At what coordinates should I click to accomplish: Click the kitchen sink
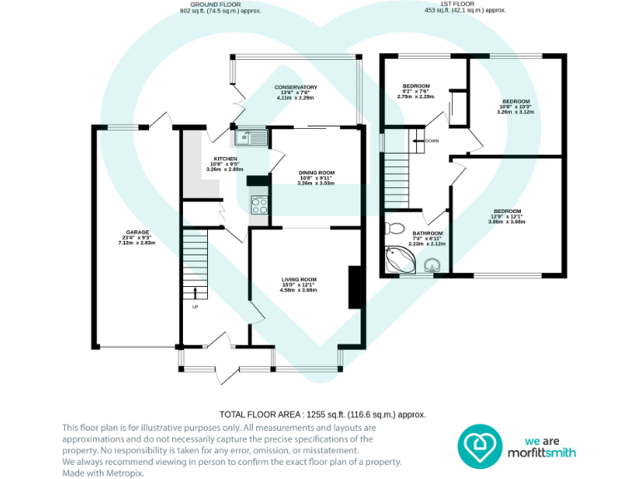pyautogui.click(x=250, y=137)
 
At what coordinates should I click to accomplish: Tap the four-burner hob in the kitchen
pyautogui.click(x=259, y=202)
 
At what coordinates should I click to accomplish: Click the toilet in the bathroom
pyautogui.click(x=396, y=229)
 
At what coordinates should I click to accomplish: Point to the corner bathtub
pyautogui.click(x=399, y=261)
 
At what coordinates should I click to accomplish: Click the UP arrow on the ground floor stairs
pyautogui.click(x=196, y=292)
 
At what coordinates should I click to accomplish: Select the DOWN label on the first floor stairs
pyautogui.click(x=431, y=141)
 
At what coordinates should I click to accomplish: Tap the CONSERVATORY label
pyautogui.click(x=296, y=87)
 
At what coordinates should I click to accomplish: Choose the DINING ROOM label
pyautogui.click(x=316, y=173)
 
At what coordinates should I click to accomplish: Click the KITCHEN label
pyautogui.click(x=225, y=159)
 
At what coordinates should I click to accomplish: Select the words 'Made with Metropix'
pyautogui.click(x=98, y=472)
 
